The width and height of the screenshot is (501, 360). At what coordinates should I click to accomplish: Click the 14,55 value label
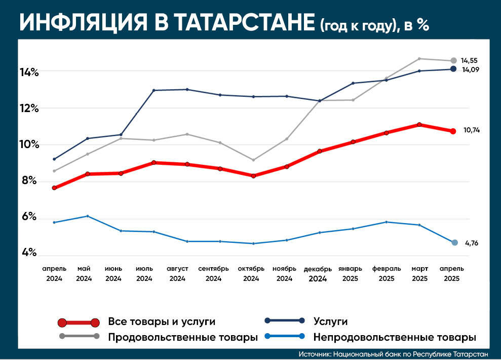(x=469, y=60)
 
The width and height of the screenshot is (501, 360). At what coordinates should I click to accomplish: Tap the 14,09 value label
(x=469, y=69)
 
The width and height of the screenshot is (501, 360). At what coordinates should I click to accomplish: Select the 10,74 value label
(x=471, y=130)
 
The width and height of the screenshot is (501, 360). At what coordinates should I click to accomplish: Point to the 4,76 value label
(x=471, y=243)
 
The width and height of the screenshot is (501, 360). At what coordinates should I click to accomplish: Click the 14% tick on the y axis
(x=29, y=72)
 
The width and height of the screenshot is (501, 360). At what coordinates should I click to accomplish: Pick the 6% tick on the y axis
(x=28, y=217)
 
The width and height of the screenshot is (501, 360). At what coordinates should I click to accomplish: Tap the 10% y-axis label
(x=29, y=145)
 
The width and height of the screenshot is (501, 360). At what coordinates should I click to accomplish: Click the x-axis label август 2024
(x=178, y=273)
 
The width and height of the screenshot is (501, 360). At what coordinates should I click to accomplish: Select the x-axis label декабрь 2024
(x=318, y=273)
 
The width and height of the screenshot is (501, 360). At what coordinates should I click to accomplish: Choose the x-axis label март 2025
(x=419, y=273)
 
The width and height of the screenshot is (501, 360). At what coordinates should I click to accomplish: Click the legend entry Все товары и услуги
(x=162, y=321)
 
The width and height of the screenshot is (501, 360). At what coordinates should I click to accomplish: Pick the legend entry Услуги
(x=330, y=321)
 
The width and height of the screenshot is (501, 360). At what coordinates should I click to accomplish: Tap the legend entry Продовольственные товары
(x=183, y=337)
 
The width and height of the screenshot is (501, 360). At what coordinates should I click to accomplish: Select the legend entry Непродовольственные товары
(x=395, y=337)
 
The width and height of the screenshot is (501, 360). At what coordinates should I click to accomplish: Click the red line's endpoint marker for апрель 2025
(x=453, y=131)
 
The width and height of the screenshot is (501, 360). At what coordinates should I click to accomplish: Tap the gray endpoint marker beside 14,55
(x=453, y=61)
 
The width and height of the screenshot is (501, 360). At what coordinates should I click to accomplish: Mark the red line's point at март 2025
(x=419, y=125)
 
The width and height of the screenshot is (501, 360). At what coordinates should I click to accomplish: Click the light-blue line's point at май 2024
(x=87, y=216)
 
